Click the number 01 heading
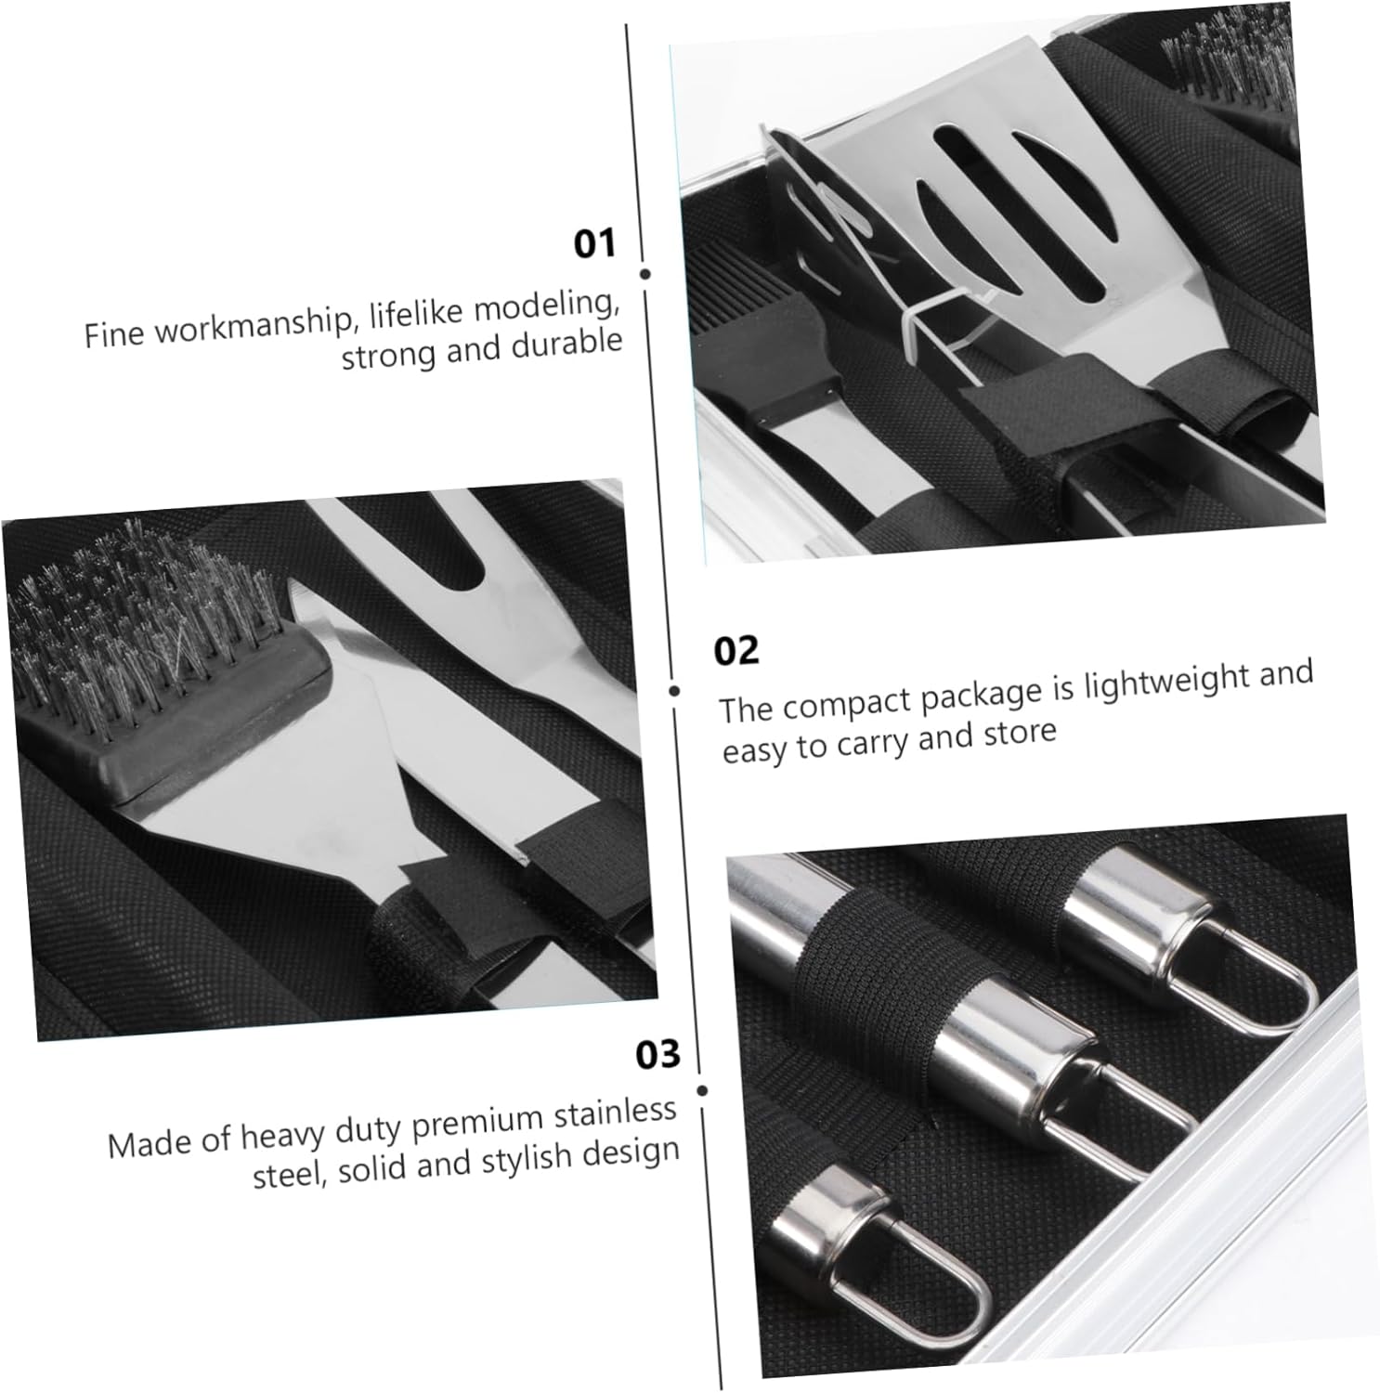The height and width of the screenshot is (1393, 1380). click(x=594, y=243)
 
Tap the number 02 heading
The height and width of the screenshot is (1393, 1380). click(x=736, y=650)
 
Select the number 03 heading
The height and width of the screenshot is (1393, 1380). click(x=657, y=1055)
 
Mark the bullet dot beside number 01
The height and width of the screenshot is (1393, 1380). click(x=645, y=274)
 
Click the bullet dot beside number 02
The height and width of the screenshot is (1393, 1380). click(x=674, y=691)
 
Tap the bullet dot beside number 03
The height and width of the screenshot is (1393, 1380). click(x=702, y=1091)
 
